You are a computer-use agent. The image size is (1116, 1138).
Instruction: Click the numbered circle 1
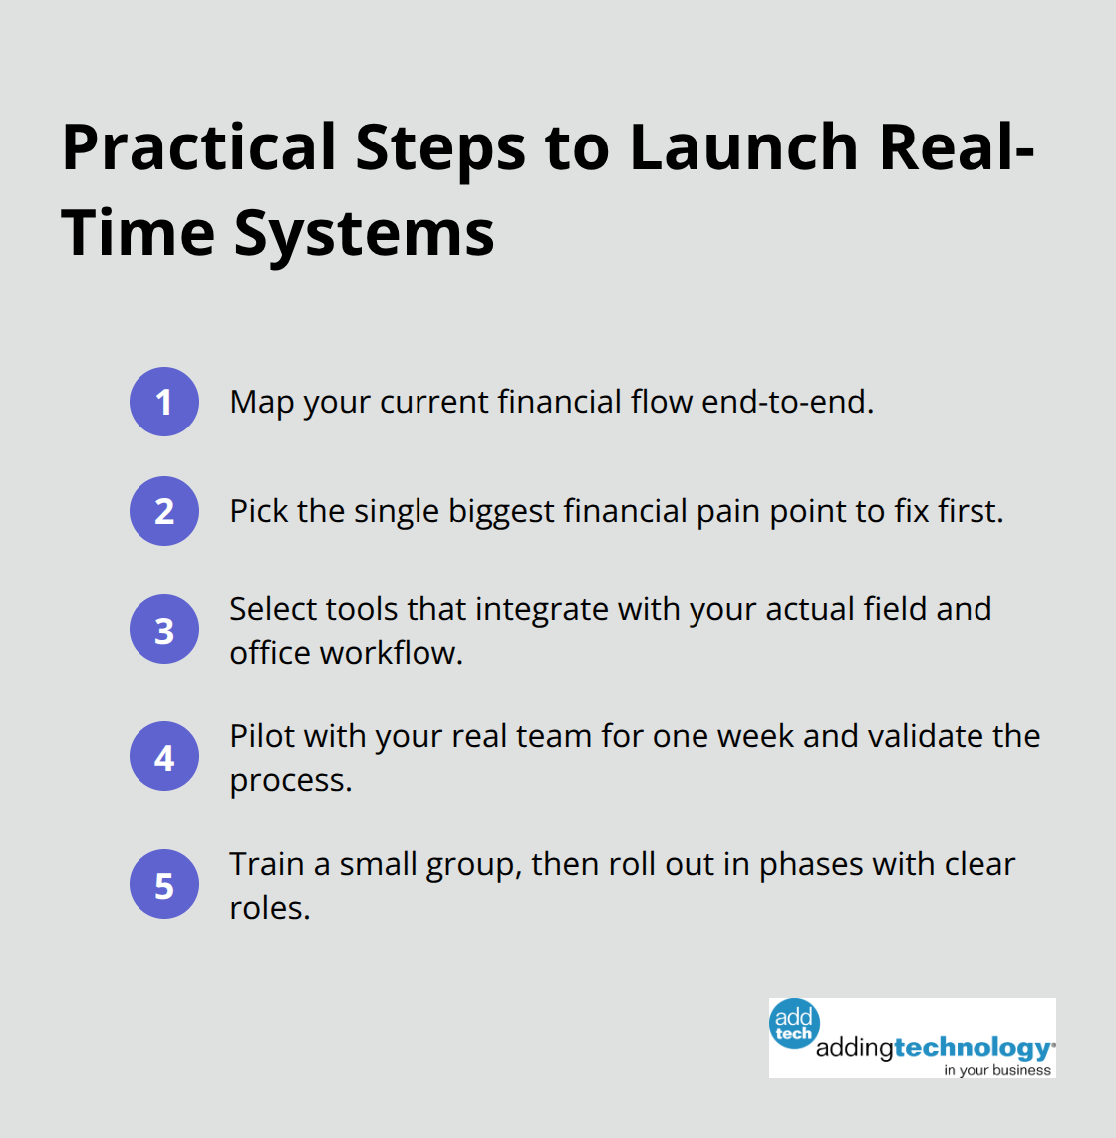[164, 402]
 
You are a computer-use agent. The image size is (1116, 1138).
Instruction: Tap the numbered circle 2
[164, 511]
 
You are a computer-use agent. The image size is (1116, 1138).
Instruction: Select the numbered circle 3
[164, 630]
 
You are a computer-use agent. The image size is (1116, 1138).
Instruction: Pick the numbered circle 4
[164, 757]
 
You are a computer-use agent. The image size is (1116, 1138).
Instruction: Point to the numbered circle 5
[164, 885]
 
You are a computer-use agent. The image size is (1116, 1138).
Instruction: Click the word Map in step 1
[262, 402]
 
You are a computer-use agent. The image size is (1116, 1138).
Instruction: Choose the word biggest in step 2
[501, 511]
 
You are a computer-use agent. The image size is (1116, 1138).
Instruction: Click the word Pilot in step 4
[262, 736]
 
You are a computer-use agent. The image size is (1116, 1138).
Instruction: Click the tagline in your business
[997, 1070]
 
